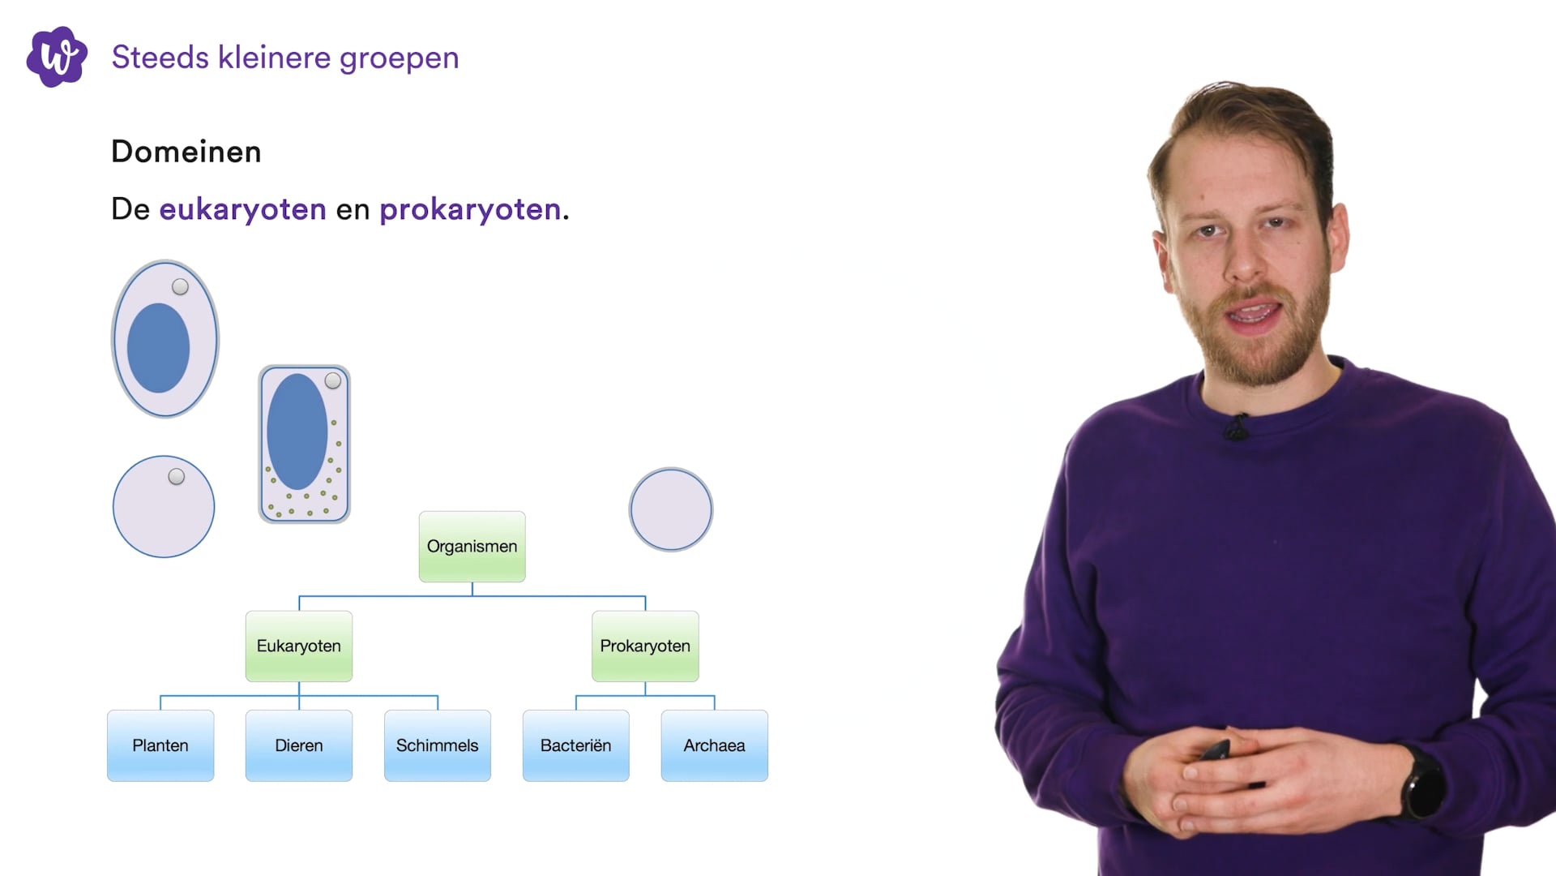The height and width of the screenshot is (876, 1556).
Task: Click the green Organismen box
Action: (472, 546)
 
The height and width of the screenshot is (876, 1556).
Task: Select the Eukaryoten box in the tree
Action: (298, 646)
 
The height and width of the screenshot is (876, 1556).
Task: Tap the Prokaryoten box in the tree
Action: (645, 646)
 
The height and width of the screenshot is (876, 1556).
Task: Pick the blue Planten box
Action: (160, 745)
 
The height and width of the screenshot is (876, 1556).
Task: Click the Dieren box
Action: (298, 745)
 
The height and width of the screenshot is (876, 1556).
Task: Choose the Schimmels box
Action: (437, 745)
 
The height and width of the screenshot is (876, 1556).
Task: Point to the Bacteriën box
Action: (575, 745)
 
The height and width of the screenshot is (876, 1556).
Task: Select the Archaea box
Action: (714, 745)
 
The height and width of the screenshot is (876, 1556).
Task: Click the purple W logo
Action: (57, 57)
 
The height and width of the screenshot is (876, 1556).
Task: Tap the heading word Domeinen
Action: (186, 152)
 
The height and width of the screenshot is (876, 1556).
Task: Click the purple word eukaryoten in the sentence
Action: (242, 209)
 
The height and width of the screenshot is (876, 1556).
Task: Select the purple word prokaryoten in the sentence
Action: (470, 209)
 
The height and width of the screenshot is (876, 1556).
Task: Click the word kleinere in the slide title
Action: (274, 58)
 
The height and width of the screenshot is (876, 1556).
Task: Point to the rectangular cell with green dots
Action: (304, 444)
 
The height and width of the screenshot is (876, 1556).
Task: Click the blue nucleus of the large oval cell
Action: (158, 348)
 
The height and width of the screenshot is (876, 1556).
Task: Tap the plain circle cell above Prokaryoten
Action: (671, 509)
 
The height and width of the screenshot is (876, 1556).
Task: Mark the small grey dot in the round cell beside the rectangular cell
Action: (176, 477)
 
